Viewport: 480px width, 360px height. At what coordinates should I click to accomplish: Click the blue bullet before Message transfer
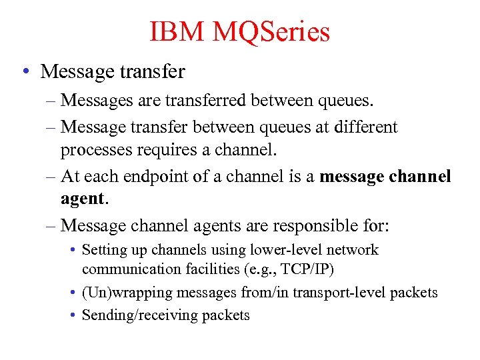point(25,70)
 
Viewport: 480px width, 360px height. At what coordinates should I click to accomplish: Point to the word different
point(365,127)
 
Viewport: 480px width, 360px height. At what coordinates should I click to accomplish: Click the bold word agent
point(82,199)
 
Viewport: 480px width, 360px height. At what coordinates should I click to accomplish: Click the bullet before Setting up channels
point(72,251)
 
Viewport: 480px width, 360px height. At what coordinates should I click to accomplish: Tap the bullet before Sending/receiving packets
point(72,315)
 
